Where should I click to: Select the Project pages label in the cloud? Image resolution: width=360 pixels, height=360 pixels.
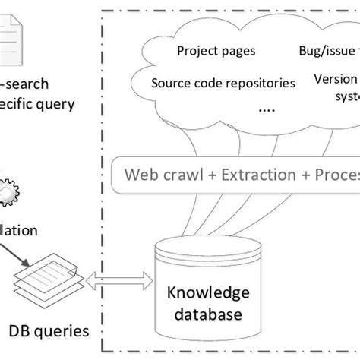coord(216,52)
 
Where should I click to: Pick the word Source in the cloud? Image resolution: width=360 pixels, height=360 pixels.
coord(172,83)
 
